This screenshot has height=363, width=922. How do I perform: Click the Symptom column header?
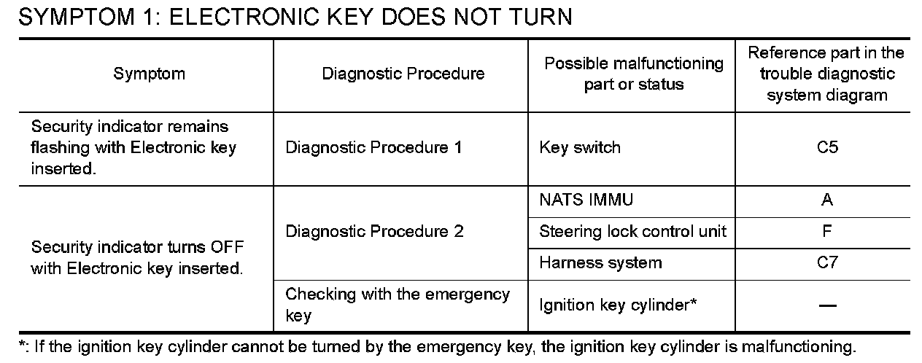point(149,74)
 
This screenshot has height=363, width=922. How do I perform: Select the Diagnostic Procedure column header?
point(403,74)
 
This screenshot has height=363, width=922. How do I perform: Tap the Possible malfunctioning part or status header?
point(633,74)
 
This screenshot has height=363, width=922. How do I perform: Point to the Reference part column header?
point(826,74)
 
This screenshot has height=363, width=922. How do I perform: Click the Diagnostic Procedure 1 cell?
point(373,148)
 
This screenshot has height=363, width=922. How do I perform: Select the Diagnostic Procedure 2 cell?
point(374,232)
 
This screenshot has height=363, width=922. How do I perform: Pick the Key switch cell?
point(580,148)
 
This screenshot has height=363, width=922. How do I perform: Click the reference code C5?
point(827,148)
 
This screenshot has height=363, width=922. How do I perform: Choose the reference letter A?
point(827,200)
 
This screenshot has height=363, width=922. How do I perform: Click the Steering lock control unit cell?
point(632,232)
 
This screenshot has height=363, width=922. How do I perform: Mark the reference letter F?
point(827,232)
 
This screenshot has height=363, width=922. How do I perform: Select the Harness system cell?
point(600,263)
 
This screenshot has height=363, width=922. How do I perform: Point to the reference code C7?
point(827,263)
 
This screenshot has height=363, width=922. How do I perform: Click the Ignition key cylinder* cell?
point(618,305)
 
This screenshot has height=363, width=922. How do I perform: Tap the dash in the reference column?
point(827,306)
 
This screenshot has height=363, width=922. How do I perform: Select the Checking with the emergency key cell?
point(398,305)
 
